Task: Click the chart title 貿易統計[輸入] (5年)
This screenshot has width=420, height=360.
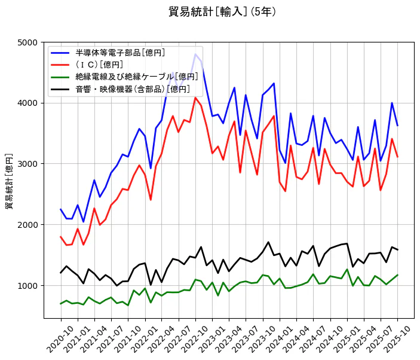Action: pyautogui.click(x=222, y=12)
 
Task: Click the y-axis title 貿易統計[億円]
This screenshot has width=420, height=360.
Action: pyautogui.click(x=10, y=181)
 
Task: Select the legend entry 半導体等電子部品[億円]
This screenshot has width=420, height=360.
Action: pyautogui.click(x=120, y=53)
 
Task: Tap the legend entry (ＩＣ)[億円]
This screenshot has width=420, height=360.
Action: pyautogui.click(x=99, y=65)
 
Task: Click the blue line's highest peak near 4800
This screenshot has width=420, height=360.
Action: pyautogui.click(x=195, y=54)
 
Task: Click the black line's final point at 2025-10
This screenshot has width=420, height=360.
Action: pyautogui.click(x=397, y=249)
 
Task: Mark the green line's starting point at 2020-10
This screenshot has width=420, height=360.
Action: pyautogui.click(x=61, y=304)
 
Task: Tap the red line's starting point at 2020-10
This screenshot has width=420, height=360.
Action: pyautogui.click(x=61, y=237)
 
